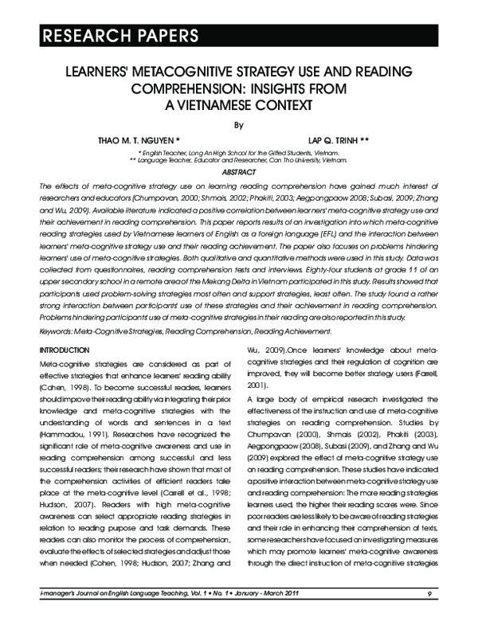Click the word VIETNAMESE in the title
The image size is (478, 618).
click(213, 104)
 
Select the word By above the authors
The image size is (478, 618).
click(238, 124)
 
